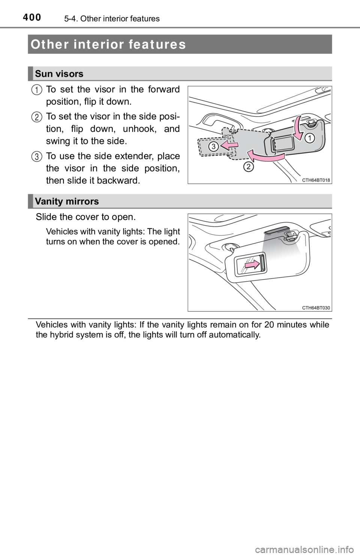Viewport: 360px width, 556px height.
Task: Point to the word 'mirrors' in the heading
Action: click(x=83, y=202)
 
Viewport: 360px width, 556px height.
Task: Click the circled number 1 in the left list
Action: click(x=37, y=90)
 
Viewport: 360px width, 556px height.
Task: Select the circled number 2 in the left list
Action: click(x=37, y=117)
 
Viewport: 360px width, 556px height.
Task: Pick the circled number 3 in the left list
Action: click(x=37, y=157)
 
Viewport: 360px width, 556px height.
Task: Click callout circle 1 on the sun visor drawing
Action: click(x=309, y=139)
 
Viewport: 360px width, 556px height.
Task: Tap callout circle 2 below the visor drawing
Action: click(x=247, y=167)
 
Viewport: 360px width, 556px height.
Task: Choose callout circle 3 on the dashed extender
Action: click(x=214, y=146)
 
